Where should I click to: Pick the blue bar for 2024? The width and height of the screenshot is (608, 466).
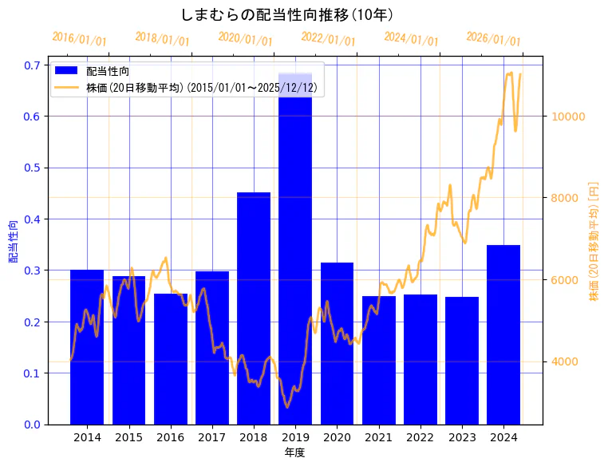point(503,334)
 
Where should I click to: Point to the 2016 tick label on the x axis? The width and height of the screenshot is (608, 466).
point(170,437)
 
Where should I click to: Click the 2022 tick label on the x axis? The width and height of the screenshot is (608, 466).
point(420,437)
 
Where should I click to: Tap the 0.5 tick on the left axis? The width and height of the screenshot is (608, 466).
point(31,168)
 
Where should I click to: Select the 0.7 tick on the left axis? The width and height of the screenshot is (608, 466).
point(31,65)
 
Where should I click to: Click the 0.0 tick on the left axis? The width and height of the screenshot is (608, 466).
point(31,424)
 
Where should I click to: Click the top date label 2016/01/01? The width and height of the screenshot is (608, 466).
point(79,39)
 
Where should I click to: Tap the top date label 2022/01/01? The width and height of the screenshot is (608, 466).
point(328,39)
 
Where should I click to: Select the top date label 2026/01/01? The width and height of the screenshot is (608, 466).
point(493,39)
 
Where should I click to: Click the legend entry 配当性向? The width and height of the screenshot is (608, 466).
point(108,72)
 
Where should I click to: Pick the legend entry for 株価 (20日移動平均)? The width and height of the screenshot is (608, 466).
point(203,88)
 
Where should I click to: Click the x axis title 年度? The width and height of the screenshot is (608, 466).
point(294,452)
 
